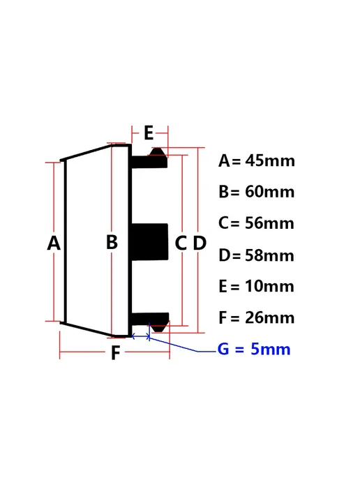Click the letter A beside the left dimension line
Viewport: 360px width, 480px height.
pyautogui.click(x=54, y=243)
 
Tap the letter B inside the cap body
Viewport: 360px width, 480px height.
pyautogui.click(x=112, y=241)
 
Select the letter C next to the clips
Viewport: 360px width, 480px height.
pyautogui.click(x=181, y=243)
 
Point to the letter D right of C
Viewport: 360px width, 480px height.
pyautogui.click(x=200, y=243)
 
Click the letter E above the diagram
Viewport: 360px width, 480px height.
pyautogui.click(x=149, y=133)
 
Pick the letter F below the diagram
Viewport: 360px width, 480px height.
pyautogui.click(x=115, y=353)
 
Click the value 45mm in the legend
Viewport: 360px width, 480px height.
pyautogui.click(x=270, y=160)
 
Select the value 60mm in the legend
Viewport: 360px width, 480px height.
pyautogui.click(x=270, y=192)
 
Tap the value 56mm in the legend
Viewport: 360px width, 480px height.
pyautogui.click(x=270, y=223)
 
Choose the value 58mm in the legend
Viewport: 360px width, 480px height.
pyautogui.click(x=270, y=255)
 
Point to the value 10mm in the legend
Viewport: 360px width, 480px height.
pyautogui.click(x=270, y=287)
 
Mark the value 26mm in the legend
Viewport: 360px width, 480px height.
pyautogui.click(x=270, y=317)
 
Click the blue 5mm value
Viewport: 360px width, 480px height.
pyautogui.click(x=271, y=349)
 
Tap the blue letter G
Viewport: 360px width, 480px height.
pyautogui.click(x=223, y=349)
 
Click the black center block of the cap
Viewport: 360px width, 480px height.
pyautogui.click(x=150, y=242)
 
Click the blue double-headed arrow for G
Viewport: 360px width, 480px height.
pyautogui.click(x=141, y=337)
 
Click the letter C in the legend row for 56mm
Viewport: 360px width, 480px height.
pyautogui.click(x=224, y=223)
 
